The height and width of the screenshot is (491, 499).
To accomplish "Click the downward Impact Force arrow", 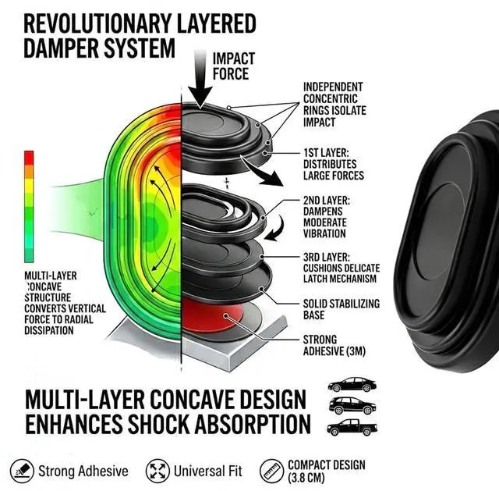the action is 200,80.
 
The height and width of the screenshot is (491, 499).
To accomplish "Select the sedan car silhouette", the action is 352,385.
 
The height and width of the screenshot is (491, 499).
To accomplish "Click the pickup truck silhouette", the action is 352,427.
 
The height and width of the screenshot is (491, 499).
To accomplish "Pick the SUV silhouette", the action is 352,406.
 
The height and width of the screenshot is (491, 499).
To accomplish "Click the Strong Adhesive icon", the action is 22,471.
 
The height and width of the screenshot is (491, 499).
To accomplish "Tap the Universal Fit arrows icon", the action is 157,471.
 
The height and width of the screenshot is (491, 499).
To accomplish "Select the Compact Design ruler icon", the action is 271,471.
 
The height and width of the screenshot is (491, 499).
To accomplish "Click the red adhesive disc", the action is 210,315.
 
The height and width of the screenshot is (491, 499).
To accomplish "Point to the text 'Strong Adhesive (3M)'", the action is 334,345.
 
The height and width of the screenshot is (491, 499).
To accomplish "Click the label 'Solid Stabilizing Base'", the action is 342,309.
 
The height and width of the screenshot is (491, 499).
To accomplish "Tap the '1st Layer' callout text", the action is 334,164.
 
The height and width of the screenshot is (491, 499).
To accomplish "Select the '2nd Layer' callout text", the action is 326,217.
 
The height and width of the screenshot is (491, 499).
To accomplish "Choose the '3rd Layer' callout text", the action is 342,268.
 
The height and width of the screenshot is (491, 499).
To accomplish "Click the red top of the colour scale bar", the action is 29,158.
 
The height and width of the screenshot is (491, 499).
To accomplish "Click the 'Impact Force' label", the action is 234,66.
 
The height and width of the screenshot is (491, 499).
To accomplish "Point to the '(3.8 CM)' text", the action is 306,478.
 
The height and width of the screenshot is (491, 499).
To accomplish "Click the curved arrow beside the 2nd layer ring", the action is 274,229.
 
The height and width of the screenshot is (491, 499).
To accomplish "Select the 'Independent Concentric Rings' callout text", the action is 334,104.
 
